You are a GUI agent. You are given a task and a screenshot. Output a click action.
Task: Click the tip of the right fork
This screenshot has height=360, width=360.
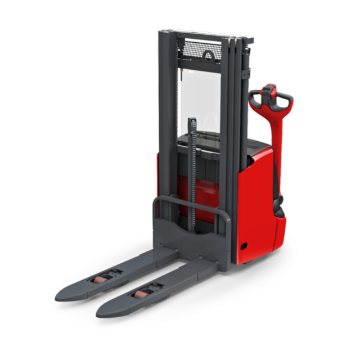[x=103, y=311]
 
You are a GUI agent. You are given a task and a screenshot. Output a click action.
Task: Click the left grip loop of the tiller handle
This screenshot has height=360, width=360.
[x=256, y=100]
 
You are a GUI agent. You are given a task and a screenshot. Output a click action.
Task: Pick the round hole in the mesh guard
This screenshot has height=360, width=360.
[x=209, y=55]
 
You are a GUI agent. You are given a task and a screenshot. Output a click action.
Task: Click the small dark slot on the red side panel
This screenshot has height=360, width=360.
[x=243, y=246]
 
